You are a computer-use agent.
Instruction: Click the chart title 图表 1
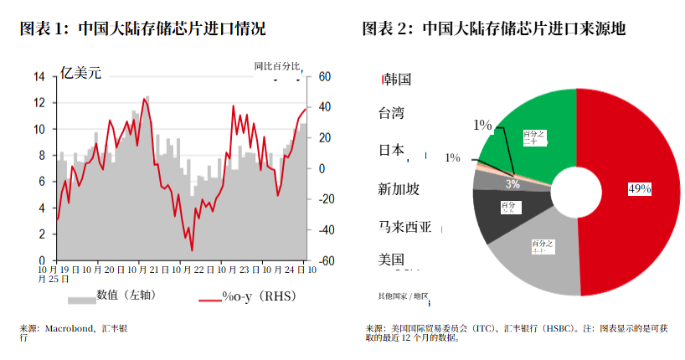click(142, 29)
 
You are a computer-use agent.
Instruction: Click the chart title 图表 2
click(493, 29)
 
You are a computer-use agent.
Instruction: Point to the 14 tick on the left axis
click(39, 77)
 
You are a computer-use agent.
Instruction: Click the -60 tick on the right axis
click(323, 260)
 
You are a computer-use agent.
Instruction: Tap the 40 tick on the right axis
click(322, 107)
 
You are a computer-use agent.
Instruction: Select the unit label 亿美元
click(80, 74)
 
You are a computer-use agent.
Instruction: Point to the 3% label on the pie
click(512, 183)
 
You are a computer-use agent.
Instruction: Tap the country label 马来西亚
click(405, 226)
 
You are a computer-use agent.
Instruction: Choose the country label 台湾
click(392, 113)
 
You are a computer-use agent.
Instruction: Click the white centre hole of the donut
click(577, 192)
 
